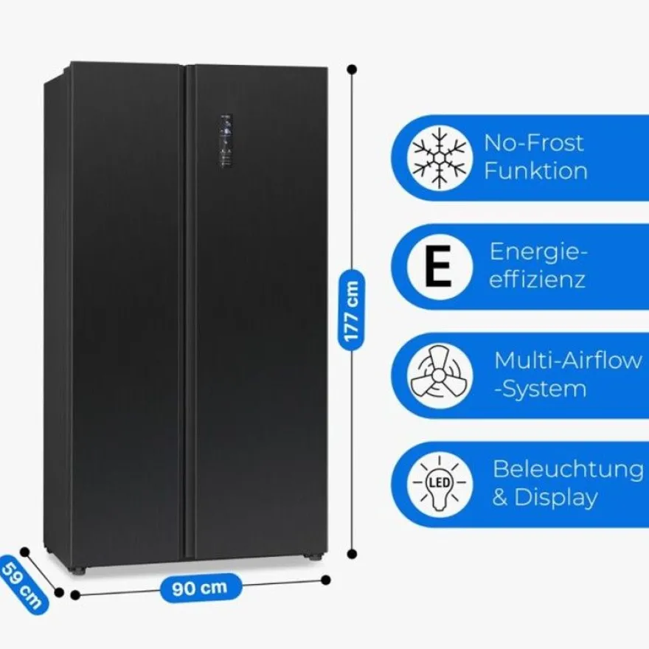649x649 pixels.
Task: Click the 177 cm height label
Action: [x=351, y=310]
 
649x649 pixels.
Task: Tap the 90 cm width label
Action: [x=201, y=587]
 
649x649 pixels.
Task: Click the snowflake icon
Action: [x=440, y=158]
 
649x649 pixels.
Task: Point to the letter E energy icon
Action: [x=439, y=266]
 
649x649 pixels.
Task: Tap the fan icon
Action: [x=439, y=376]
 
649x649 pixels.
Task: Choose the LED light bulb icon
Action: [x=439, y=484]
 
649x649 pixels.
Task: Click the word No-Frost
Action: [x=533, y=143]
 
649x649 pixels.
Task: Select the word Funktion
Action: [x=535, y=171]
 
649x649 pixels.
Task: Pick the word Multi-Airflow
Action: [x=568, y=361]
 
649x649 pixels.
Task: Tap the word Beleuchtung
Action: [x=568, y=470]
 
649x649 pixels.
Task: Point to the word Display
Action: [x=556, y=497]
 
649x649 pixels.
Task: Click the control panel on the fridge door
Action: [x=226, y=141]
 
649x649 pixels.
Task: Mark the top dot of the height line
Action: [x=352, y=69]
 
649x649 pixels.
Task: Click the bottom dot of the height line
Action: [x=353, y=554]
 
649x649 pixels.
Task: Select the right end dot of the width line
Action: [x=326, y=580]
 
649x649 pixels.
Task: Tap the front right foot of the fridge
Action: [x=315, y=557]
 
